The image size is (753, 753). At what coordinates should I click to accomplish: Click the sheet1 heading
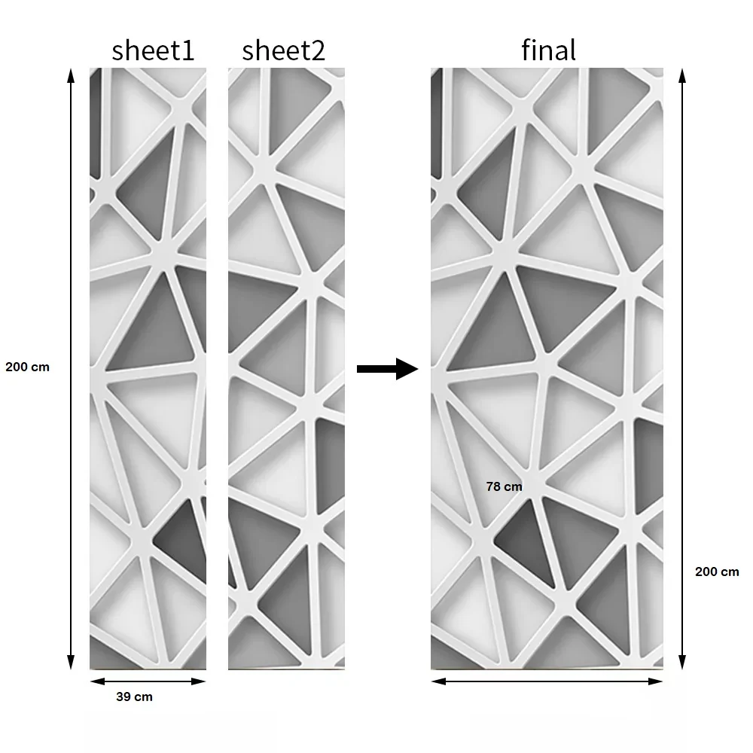coord(153,50)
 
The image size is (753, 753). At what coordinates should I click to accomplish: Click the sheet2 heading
coord(283,50)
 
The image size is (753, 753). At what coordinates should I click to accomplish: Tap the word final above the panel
coord(548,50)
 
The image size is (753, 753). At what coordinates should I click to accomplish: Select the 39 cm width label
coord(135,697)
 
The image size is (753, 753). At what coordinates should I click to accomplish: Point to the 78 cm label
coord(504,486)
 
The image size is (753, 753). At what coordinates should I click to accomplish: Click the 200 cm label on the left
coord(27,367)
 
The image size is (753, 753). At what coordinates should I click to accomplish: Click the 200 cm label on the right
coord(717,572)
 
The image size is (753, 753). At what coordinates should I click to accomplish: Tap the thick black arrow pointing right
coord(387,369)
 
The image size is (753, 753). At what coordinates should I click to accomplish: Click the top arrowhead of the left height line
coord(71,76)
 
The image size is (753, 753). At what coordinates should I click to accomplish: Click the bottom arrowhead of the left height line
coord(71,662)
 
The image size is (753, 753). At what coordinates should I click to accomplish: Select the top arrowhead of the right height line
coord(682,76)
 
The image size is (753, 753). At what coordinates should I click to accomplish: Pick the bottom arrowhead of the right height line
coord(682,662)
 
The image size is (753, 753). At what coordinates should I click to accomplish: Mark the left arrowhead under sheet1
coord(97,681)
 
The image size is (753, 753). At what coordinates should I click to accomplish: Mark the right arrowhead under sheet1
coord(198,681)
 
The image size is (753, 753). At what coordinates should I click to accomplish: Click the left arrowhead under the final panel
coord(438,681)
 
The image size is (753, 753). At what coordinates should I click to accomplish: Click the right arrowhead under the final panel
coord(656,681)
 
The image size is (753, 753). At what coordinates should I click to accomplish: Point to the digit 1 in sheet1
coord(187,50)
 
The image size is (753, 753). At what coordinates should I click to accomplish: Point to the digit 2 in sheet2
coord(318,50)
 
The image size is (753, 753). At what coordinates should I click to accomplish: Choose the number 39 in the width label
coord(123,697)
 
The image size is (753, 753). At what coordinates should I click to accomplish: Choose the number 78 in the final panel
coord(493,486)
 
